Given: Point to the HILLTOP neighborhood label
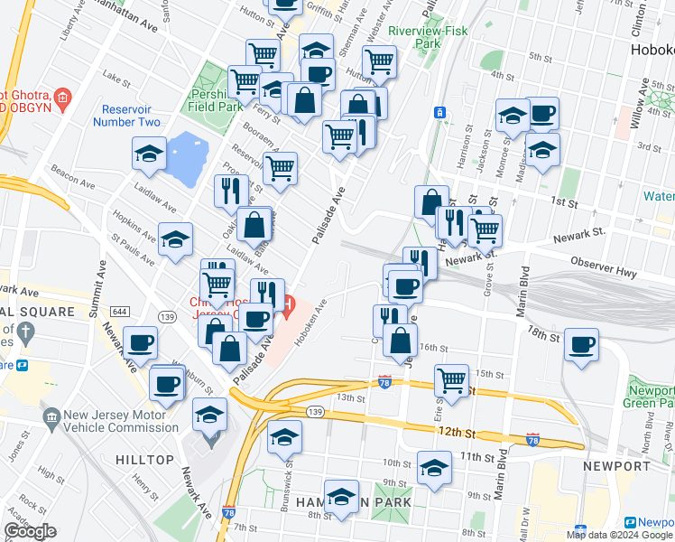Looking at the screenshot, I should point(144,460).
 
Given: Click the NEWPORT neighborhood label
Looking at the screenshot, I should point(616,466).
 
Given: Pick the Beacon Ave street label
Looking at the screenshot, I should point(69,172).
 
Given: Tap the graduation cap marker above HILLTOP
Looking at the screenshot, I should point(210,416).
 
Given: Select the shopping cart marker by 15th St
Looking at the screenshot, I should point(451,379).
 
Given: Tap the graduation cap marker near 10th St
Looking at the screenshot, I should point(434,468).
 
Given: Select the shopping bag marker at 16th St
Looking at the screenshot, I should point(400,341).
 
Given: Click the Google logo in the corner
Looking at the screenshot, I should point(31,531).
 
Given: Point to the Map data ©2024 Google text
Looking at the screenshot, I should point(619,535).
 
